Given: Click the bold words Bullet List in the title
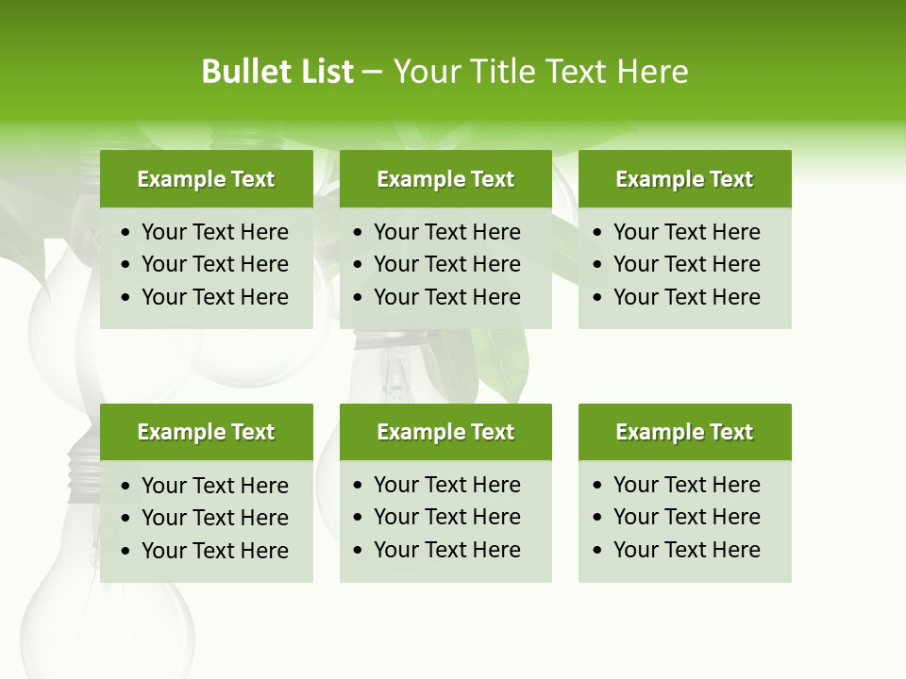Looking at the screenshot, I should click(x=277, y=72).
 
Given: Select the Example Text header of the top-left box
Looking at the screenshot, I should click(x=206, y=179).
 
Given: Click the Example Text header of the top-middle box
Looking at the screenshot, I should click(x=445, y=179).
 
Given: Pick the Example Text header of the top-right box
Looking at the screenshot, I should click(x=684, y=179).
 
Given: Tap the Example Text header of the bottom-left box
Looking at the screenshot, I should click(x=206, y=432).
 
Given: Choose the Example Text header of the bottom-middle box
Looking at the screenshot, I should click(x=445, y=432).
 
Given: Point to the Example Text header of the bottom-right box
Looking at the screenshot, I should click(x=684, y=432).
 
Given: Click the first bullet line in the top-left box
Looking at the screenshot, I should click(x=214, y=232).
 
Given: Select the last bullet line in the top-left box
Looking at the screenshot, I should click(x=214, y=297).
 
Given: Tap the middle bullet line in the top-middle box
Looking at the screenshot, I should click(x=446, y=264).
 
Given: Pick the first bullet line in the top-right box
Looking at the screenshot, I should click(x=686, y=232).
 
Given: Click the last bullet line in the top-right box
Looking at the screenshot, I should click(x=686, y=297).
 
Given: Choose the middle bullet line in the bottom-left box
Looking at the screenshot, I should click(x=214, y=518).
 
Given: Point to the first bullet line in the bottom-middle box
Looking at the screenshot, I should click(x=446, y=485).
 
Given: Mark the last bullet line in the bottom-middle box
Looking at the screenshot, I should click(x=446, y=550).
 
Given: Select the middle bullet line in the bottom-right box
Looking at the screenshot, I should click(x=686, y=517).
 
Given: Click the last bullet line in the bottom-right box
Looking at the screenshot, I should click(x=686, y=550).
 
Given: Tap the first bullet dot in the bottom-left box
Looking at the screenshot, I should click(x=126, y=487).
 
